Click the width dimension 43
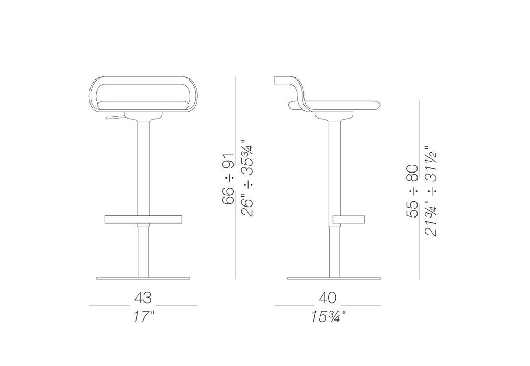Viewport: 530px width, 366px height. click(x=143, y=298)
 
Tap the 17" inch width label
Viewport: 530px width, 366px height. click(x=143, y=317)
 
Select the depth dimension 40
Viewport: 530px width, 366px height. click(x=328, y=298)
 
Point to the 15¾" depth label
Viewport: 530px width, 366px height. click(x=329, y=317)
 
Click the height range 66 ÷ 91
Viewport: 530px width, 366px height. click(x=228, y=179)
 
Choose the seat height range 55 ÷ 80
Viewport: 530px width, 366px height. click(x=412, y=191)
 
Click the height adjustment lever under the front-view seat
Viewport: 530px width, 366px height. click(x=115, y=117)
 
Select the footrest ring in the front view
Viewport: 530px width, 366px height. click(x=143, y=220)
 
